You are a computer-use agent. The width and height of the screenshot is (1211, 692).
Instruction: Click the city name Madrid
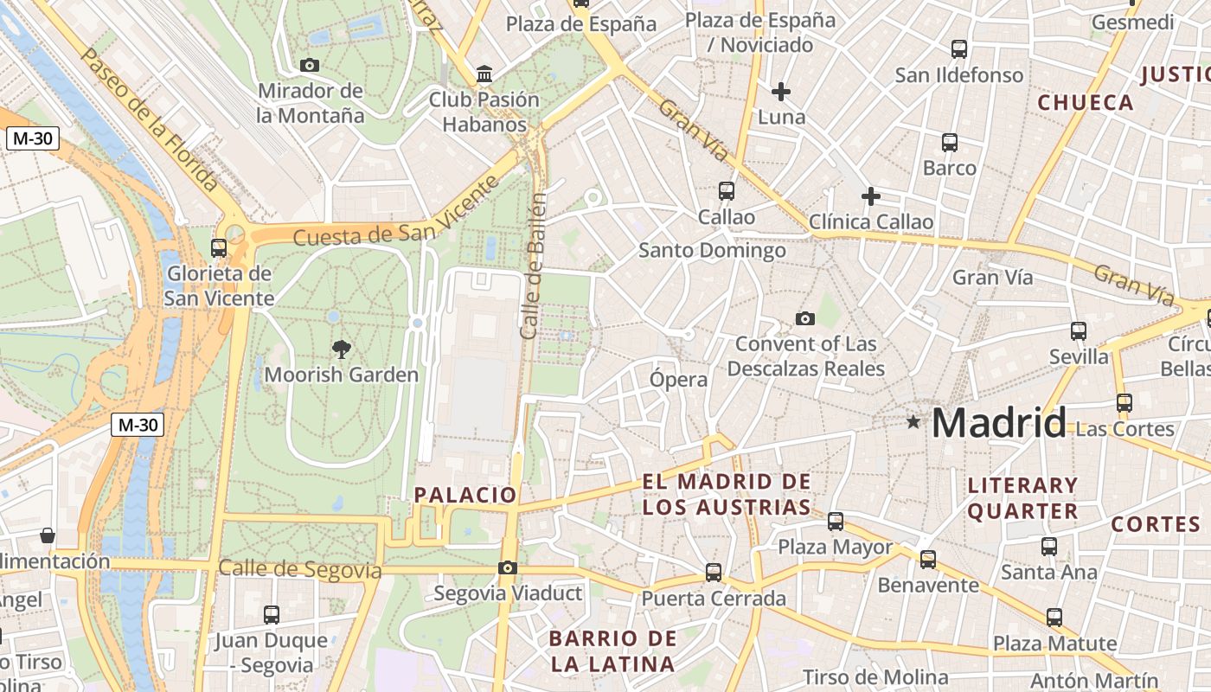click(999, 423)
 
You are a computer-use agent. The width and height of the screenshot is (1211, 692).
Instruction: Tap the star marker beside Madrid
click(913, 422)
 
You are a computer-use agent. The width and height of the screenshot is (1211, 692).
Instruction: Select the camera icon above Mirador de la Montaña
click(309, 65)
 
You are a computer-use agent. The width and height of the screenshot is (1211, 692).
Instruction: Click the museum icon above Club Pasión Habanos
click(484, 74)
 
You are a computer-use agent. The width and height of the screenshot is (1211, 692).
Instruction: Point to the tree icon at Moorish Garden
click(342, 349)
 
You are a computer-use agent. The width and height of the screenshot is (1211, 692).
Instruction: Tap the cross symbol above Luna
click(781, 91)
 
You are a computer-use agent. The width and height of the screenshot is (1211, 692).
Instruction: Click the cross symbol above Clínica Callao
click(871, 196)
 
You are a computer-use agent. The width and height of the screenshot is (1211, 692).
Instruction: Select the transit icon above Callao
click(727, 191)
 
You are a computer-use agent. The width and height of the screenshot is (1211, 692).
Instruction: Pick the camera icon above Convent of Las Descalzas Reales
click(805, 318)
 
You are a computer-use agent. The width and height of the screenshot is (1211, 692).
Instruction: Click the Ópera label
click(678, 379)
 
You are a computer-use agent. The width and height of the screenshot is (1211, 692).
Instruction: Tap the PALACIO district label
click(465, 495)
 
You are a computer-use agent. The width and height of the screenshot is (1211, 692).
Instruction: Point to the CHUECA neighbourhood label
click(1085, 103)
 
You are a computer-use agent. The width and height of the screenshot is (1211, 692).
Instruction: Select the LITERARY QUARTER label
click(1022, 498)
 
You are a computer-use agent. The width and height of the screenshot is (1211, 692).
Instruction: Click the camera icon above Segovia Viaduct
click(508, 567)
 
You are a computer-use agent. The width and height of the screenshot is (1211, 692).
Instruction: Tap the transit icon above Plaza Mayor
click(835, 522)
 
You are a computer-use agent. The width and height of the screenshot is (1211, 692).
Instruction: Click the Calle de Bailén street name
click(534, 266)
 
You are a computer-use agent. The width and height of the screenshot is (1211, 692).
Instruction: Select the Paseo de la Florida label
click(149, 119)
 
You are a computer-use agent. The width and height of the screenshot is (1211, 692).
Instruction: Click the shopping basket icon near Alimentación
click(48, 535)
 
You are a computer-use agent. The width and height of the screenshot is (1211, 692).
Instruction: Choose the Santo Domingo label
click(712, 251)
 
